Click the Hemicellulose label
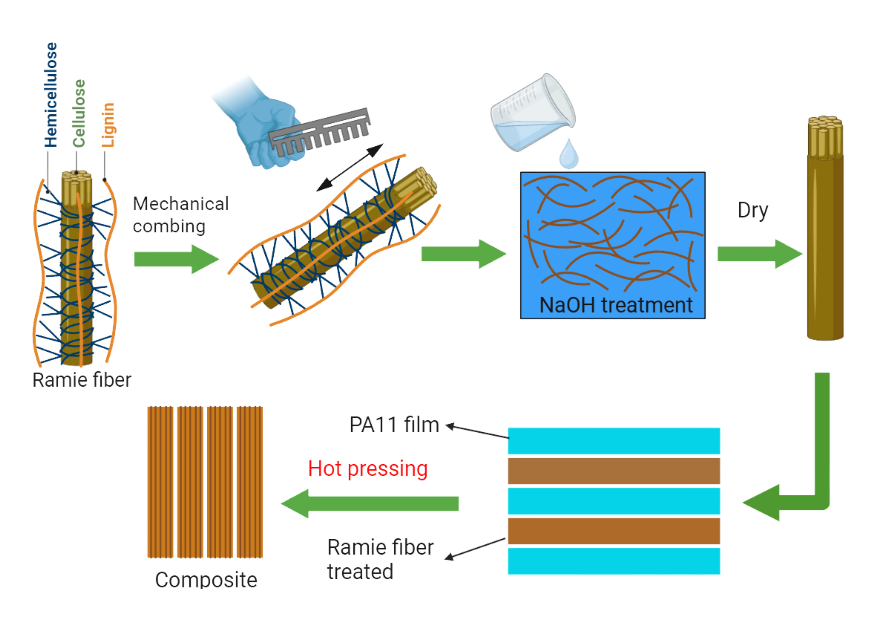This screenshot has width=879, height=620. click(x=51, y=95)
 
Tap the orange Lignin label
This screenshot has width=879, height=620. click(x=108, y=125)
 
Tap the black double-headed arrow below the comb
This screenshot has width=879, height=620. click(x=350, y=168)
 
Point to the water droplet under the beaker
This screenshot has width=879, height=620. click(x=569, y=155)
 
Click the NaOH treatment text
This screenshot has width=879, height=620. click(x=616, y=305)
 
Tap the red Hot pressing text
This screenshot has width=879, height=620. click(x=367, y=469)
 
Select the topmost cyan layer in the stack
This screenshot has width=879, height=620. click(x=614, y=441)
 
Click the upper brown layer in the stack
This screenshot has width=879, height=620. click(x=614, y=471)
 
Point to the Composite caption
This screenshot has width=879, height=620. click(x=206, y=579)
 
